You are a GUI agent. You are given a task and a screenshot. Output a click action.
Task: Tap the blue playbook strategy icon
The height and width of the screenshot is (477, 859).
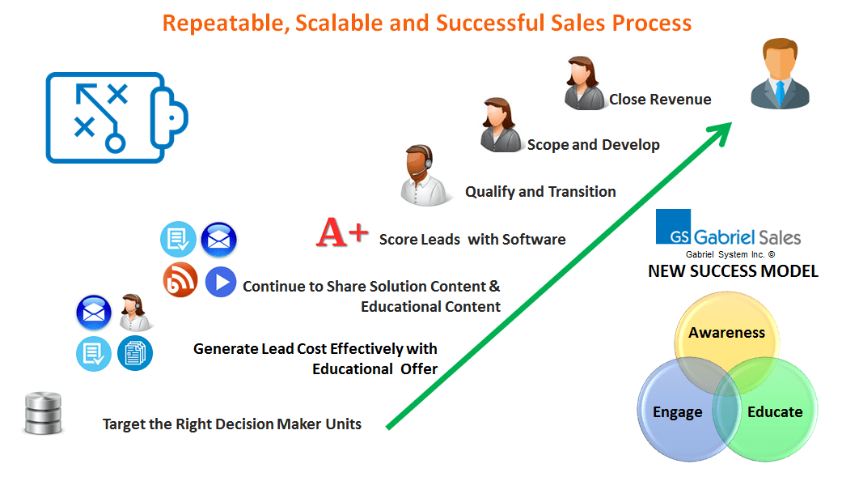coord(116,117)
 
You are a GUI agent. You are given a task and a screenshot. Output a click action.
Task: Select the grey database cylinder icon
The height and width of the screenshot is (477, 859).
coord(42,413)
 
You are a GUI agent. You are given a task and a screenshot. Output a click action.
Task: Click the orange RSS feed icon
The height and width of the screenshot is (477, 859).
coord(180,280)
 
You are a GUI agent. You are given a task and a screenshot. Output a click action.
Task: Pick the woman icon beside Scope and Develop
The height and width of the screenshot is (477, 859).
coord(501,125)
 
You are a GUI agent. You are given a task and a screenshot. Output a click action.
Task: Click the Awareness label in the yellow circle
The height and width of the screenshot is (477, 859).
coord(726,333)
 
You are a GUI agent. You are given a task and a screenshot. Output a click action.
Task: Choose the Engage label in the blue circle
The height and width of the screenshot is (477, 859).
coord(677,411)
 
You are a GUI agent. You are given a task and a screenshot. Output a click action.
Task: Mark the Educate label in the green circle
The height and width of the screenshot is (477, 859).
coord(774,411)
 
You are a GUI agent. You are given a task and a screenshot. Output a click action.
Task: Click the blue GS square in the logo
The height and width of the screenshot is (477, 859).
coord(673,228)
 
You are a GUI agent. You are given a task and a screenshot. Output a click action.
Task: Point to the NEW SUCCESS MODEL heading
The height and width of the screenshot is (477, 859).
coord(733,271)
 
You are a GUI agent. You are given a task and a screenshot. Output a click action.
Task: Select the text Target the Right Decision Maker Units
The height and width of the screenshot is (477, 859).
coord(231,424)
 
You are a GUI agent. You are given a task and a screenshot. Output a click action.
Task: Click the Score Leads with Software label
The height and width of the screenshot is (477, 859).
coord(472,239)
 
